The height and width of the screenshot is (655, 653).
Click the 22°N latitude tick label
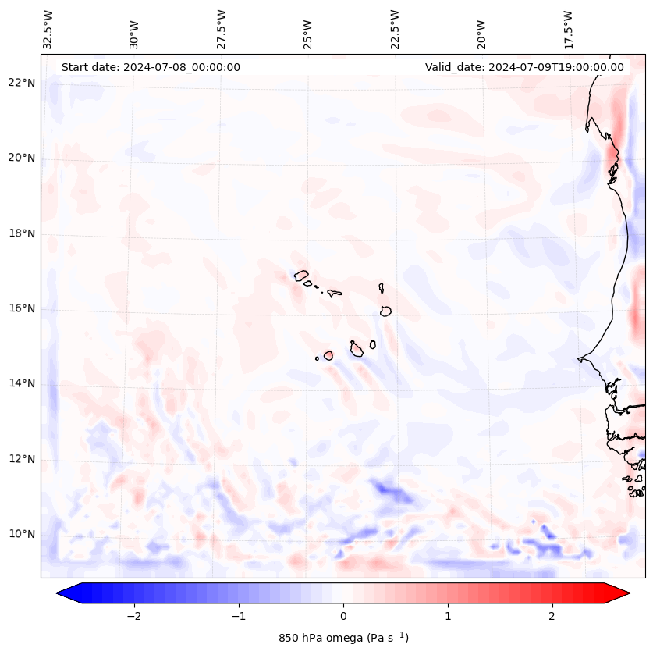pos(21,83)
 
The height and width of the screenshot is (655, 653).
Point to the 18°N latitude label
pos(21,233)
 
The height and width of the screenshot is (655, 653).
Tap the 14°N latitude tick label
pos(21,383)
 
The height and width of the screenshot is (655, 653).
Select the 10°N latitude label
pos(21,534)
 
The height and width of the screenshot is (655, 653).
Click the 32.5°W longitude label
pos(48,29)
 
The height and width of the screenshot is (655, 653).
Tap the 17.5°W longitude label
pos(569,29)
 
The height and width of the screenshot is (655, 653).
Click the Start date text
pos(151,67)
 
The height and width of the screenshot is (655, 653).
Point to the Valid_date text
pos(524,67)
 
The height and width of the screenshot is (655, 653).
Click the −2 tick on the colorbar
pos(133,616)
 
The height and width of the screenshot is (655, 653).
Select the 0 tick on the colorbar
pos(343,616)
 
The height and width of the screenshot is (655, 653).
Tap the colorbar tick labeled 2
pos(552,616)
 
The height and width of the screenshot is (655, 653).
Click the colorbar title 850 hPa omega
pos(343,638)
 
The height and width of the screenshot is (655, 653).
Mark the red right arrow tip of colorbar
pos(628,593)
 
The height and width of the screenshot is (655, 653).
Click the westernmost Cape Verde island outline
pos(301,275)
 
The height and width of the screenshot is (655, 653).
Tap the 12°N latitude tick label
pos(21,459)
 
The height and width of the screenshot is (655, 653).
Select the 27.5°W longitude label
pos(222,29)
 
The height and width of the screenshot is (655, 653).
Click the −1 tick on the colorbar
pos(238,616)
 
